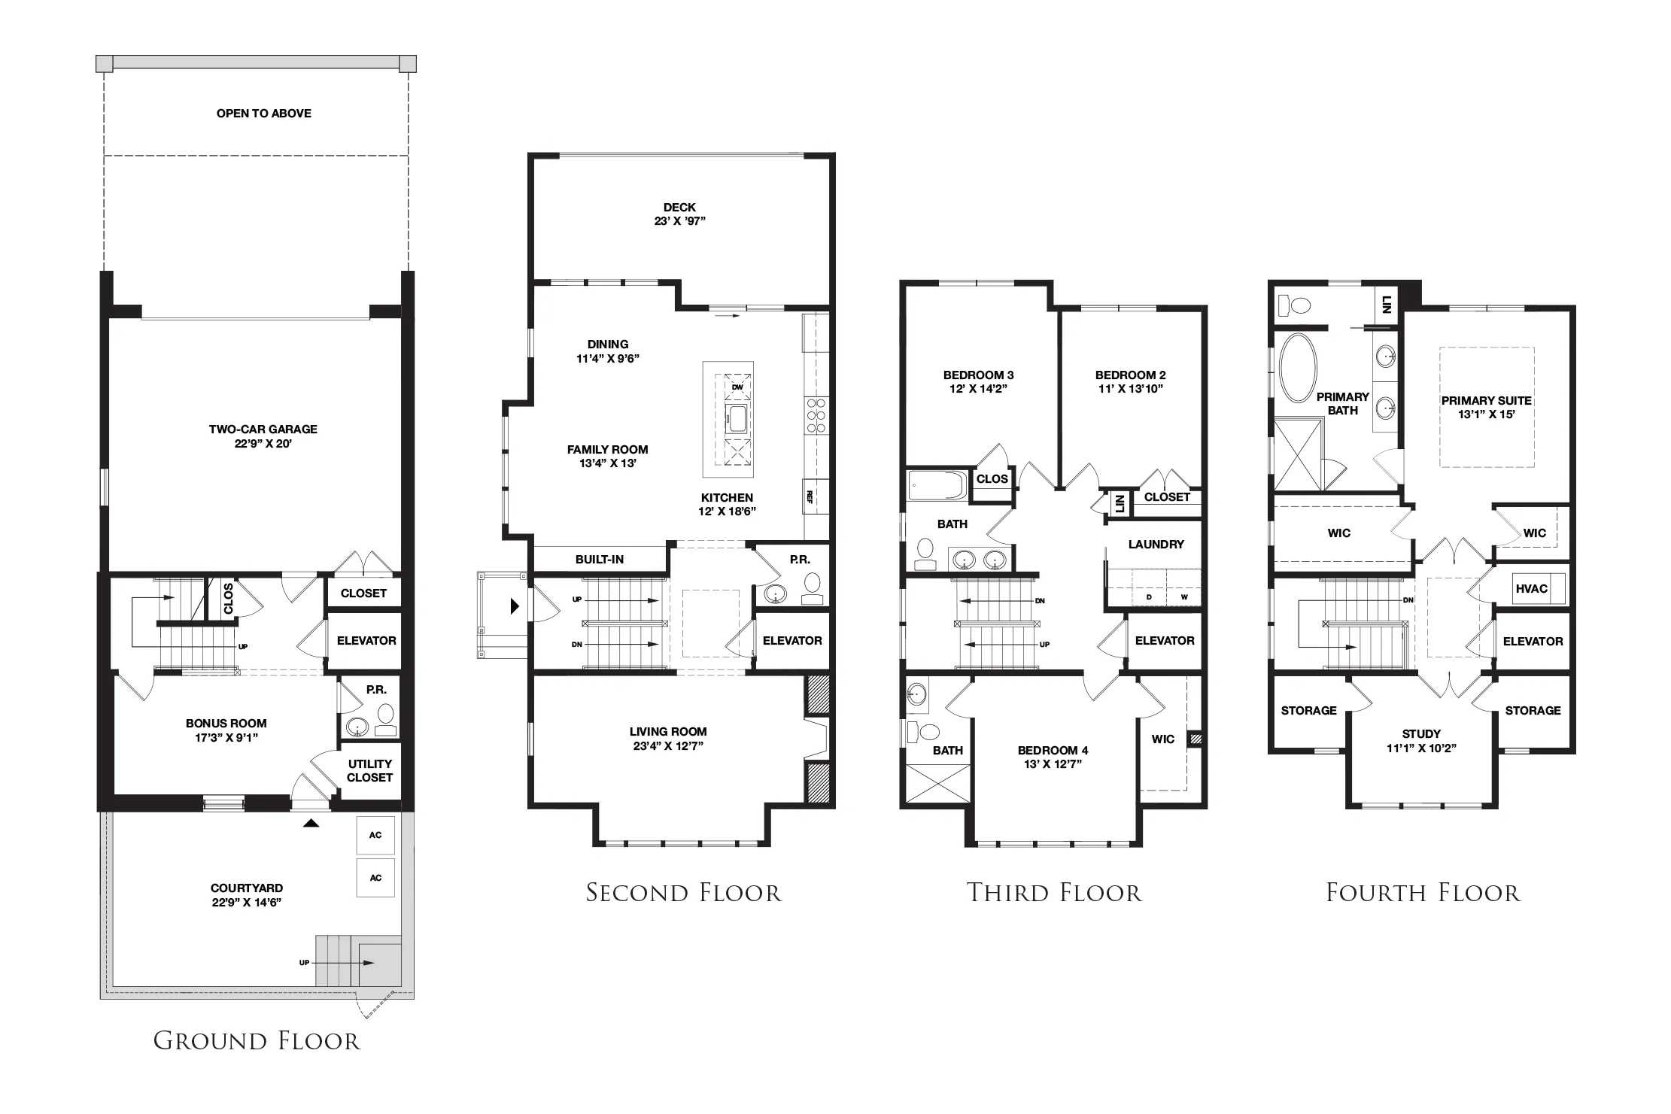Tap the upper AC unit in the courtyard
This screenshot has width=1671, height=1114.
coord(375,835)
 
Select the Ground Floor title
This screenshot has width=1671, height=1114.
coord(257,1041)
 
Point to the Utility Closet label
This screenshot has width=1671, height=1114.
coord(369,771)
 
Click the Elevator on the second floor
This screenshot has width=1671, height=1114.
coord(792,641)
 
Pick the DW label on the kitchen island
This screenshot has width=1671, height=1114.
coord(737,387)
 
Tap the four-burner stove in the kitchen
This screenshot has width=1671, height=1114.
coord(816,416)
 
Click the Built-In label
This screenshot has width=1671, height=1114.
coord(600,560)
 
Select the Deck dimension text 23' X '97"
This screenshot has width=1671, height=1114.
coord(679,221)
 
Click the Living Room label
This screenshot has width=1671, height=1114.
coord(668,732)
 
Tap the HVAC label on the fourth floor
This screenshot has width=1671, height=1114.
coord(1531,589)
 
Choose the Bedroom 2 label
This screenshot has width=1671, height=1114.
coord(1131,375)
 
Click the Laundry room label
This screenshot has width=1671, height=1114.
coord(1156,545)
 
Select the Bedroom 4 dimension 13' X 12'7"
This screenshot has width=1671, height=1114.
coord(1053,764)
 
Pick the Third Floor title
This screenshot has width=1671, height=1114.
coord(1054,893)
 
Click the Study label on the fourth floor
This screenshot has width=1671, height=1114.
coord(1421,734)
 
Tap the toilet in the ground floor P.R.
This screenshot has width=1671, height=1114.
coord(385,718)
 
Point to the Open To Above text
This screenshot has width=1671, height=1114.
coord(264,114)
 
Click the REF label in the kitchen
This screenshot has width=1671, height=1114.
coord(810,497)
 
